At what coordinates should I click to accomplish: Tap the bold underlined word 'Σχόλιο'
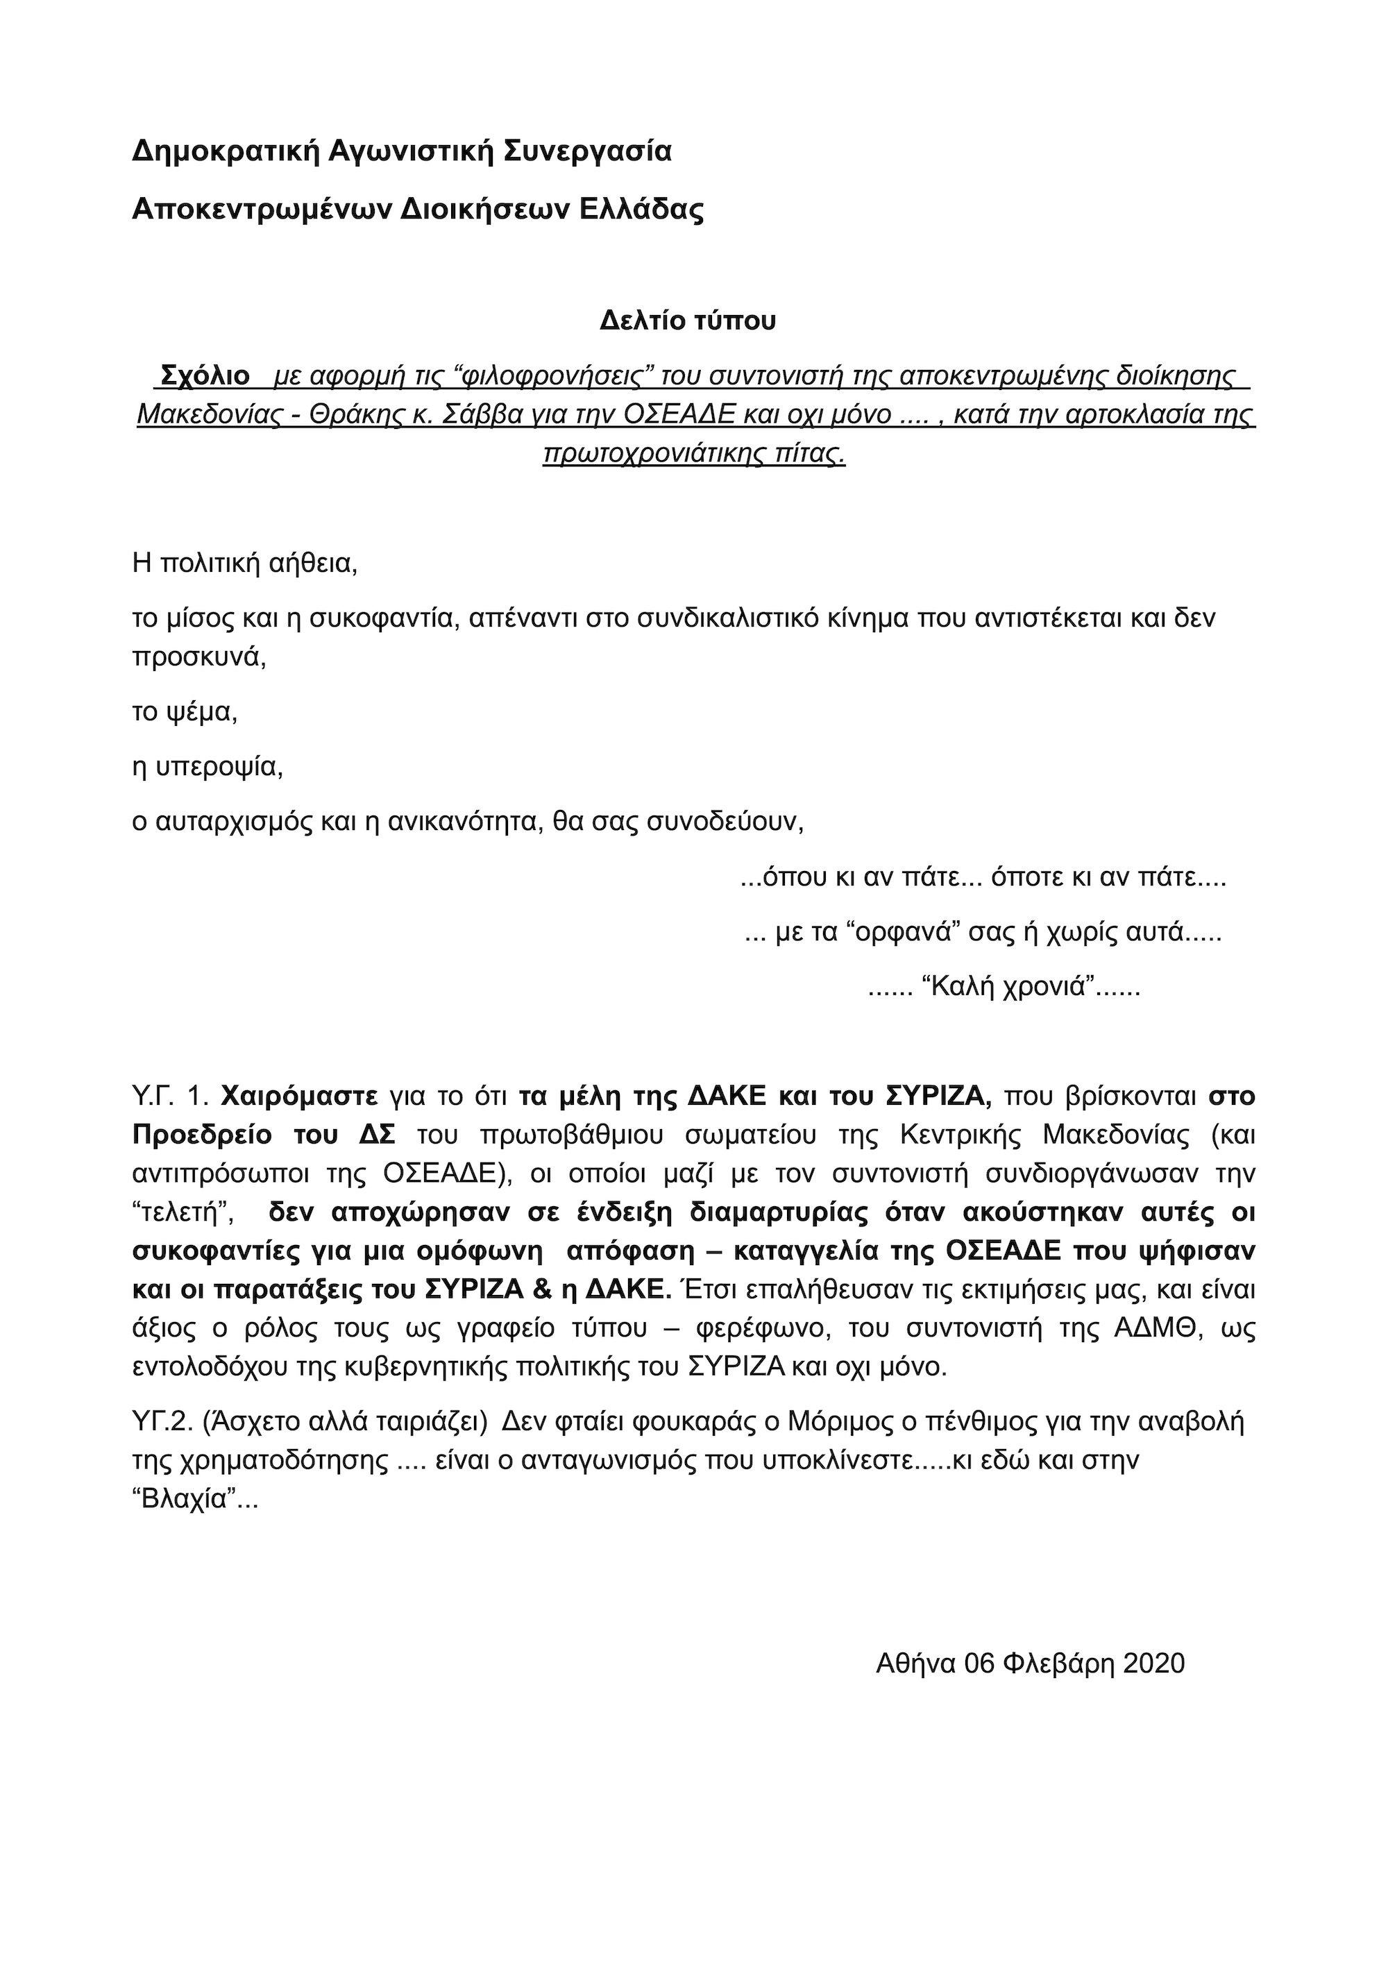pos(206,375)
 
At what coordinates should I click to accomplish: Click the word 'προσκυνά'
pos(198,656)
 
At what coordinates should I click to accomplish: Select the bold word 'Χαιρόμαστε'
pos(299,1096)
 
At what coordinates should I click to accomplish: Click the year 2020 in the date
pos(1153,1663)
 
